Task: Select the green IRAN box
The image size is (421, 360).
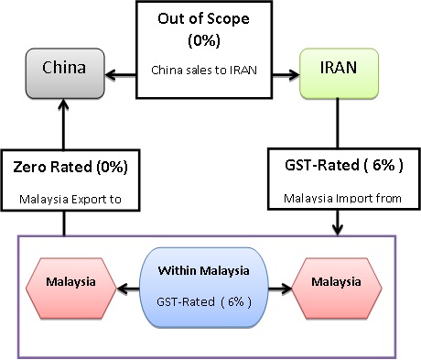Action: click(x=339, y=67)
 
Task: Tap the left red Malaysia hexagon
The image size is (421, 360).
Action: click(x=70, y=281)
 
